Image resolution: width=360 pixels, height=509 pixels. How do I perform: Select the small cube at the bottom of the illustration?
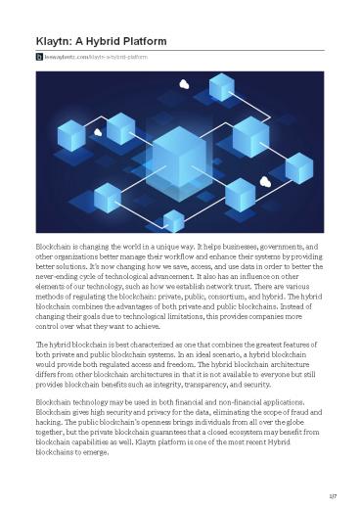click(174, 220)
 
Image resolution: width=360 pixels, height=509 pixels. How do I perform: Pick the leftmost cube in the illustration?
click(71, 134)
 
